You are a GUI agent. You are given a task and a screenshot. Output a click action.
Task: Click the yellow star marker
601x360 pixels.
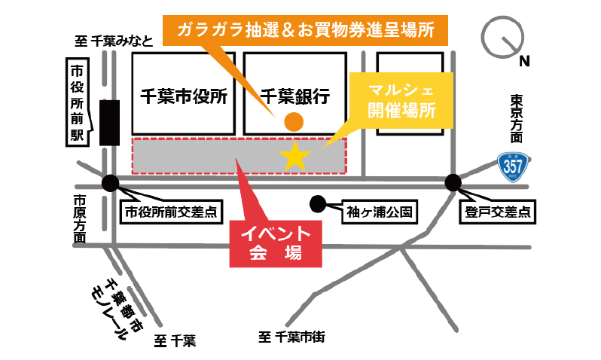pyautogui.click(x=295, y=156)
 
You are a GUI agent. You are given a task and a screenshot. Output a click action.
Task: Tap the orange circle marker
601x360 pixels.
pyautogui.click(x=293, y=121)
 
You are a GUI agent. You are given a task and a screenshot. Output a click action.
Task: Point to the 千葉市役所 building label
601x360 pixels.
pyautogui.click(x=184, y=96)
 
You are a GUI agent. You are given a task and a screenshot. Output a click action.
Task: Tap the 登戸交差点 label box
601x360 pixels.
pyautogui.click(x=496, y=212)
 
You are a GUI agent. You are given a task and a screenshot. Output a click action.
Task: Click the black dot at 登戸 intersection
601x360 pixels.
pyautogui.click(x=453, y=182)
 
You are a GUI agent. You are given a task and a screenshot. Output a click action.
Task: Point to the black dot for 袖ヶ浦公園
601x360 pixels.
pyautogui.click(x=318, y=203)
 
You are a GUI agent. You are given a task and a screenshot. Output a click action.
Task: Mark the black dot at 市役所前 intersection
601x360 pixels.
pyautogui.click(x=111, y=182)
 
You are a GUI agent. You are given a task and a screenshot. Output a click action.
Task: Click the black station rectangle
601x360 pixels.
pyautogui.click(x=109, y=122)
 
